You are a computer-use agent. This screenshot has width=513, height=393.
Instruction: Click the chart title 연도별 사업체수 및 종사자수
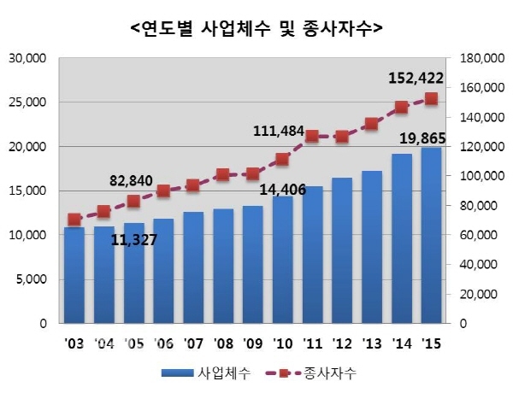(256, 28)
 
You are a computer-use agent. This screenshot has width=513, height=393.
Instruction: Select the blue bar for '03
(74, 275)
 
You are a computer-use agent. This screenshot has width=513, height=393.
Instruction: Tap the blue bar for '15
(431, 236)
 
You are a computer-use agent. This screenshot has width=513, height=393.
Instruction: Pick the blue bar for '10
(282, 260)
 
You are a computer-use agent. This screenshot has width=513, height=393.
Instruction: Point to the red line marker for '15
(431, 98)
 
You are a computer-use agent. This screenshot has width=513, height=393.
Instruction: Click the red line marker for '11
(312, 136)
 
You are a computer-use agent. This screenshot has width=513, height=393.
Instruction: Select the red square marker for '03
(74, 220)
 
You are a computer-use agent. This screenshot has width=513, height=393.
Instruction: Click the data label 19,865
(425, 137)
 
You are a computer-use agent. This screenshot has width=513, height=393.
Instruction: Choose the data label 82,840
(137, 180)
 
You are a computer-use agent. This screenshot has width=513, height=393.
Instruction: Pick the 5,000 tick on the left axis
(34, 279)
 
